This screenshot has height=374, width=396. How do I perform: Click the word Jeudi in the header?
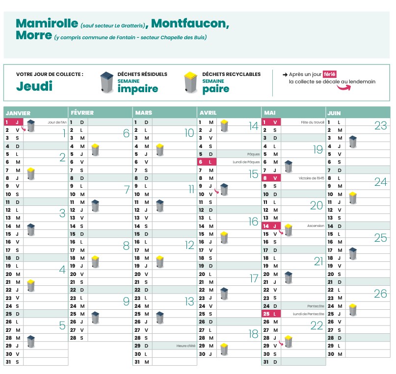[34, 86]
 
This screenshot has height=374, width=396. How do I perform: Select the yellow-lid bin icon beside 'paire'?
[190, 82]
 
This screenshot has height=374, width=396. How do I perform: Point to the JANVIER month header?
[18, 113]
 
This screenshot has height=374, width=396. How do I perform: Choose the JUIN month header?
[334, 113]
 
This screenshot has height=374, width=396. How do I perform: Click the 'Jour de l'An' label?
[57, 122]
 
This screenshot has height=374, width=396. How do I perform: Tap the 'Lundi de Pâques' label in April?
[246, 162]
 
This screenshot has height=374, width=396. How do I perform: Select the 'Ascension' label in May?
[316, 226]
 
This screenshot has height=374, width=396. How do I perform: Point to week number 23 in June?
[380, 125]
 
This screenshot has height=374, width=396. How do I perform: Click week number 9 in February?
[126, 301]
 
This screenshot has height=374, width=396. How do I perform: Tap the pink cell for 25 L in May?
[271, 314]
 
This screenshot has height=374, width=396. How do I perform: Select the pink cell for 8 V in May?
[271, 178]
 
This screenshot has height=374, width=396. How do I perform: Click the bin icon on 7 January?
[31, 173]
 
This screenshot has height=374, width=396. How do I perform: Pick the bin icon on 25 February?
[95, 317]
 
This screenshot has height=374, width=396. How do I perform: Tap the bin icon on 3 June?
[352, 142]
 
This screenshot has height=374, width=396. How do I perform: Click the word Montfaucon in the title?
[190, 24]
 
